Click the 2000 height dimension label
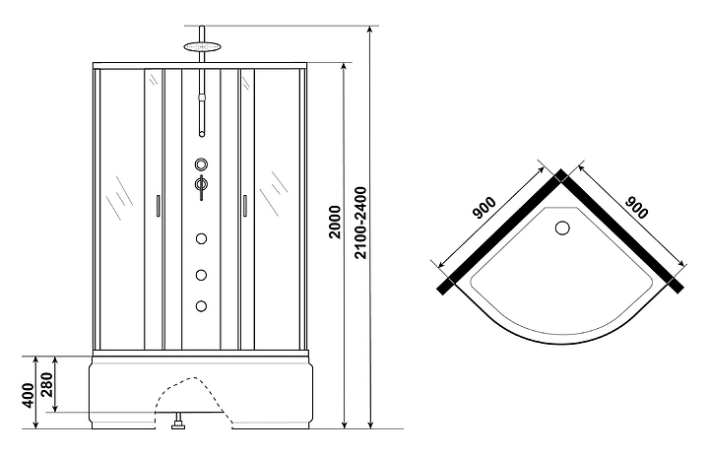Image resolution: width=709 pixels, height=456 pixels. point(335,222)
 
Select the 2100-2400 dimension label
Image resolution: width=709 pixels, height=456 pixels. point(360,223)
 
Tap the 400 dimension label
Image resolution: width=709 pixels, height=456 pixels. point(28,395)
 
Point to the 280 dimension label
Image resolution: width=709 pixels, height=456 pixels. point(47,384)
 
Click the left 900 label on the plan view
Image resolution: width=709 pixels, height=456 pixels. point(484,208)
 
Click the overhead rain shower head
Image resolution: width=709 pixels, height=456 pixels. point(202,46)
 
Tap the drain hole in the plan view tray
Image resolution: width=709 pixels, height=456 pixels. point(562,228)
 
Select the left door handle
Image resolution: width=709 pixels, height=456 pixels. point(158,206)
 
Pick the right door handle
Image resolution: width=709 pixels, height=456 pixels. point(244,206)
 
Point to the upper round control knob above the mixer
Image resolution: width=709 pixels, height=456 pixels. point(202,163)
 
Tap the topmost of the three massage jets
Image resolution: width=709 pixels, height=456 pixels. point(202,238)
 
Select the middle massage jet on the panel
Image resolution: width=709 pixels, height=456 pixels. point(202,275)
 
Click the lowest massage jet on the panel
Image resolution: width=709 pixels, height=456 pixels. point(202,306)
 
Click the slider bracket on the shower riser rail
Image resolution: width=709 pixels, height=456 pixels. point(202,98)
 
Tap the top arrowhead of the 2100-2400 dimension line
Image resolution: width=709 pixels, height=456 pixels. point(370,29)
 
